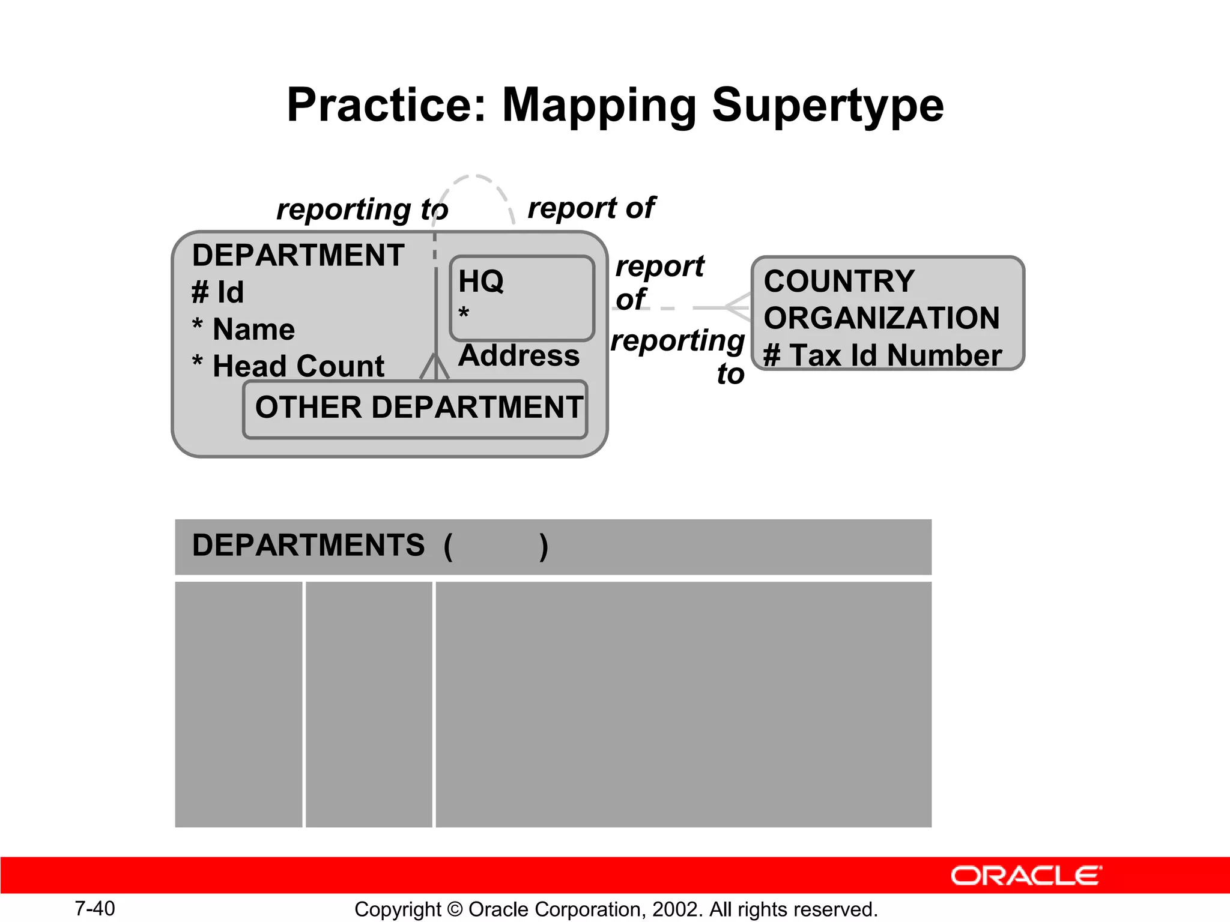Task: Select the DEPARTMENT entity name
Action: [x=298, y=256]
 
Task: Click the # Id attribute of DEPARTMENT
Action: [x=218, y=293]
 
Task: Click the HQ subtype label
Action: [x=481, y=281]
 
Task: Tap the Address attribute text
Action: [x=519, y=355]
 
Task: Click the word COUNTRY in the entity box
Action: [x=839, y=282]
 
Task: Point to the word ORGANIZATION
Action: [x=882, y=318]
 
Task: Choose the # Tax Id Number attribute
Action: [x=882, y=355]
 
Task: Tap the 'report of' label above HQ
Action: [x=591, y=208]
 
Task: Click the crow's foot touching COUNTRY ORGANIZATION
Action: [x=738, y=307]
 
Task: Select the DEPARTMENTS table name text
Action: [x=308, y=546]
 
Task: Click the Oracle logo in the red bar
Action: [x=1026, y=876]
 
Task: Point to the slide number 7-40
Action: [x=95, y=908]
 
